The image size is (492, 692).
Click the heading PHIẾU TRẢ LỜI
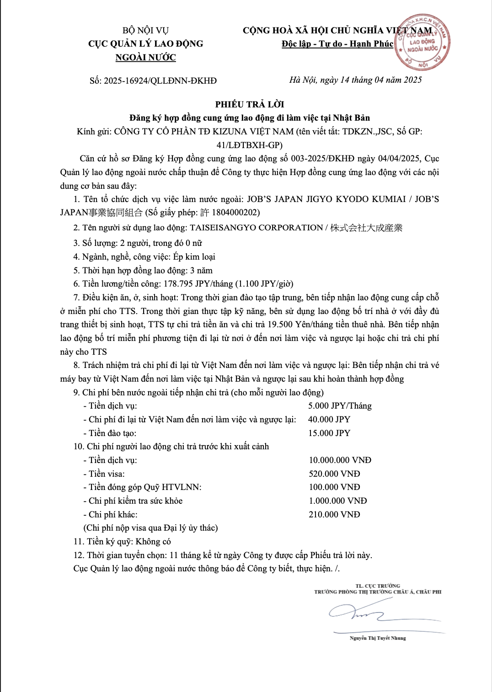(250, 104)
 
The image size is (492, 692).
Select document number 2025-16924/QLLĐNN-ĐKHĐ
(160, 81)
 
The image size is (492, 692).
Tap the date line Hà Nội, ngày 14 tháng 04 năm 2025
(355, 80)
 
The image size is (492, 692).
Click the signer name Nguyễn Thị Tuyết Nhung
(378, 638)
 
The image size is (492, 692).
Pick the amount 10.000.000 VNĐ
(340, 460)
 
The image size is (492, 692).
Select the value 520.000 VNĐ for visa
(334, 474)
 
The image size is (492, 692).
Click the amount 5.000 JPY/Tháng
(340, 406)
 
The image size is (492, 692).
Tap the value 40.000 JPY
(329, 420)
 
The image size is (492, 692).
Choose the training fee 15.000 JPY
(329, 433)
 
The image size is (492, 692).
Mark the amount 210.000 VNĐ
(334, 515)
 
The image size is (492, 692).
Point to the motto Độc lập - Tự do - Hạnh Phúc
(337, 44)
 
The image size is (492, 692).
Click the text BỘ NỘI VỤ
(145, 31)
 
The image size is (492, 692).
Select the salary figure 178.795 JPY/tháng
(198, 284)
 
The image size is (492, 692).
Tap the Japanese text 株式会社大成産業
(366, 228)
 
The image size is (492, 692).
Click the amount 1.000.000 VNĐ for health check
(338, 501)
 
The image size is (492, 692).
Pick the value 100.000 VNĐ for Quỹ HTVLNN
(334, 487)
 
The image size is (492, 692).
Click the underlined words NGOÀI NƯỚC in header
(145, 58)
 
